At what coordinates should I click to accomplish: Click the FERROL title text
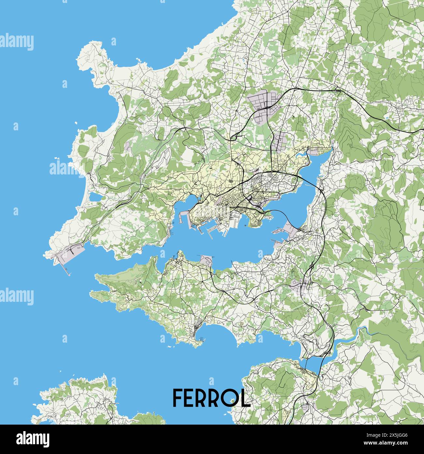211,397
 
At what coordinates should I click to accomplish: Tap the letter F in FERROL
178,397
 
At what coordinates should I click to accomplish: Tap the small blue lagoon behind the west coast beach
95,197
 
